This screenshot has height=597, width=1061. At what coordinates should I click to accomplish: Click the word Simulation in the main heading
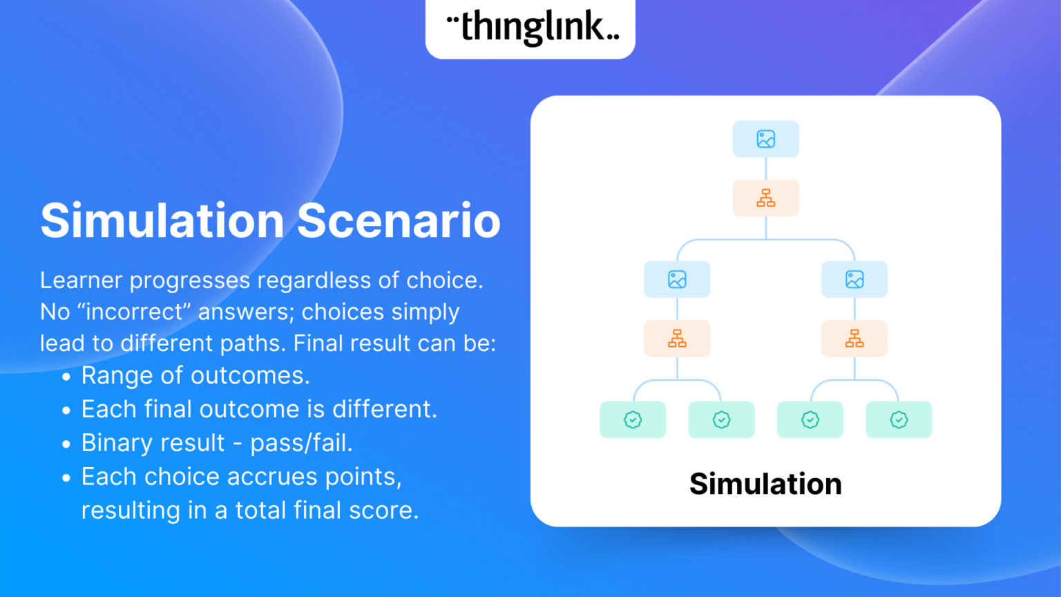(x=162, y=220)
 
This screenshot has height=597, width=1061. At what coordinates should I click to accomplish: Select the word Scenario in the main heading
(x=399, y=220)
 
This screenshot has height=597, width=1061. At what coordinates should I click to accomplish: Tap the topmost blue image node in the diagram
(x=765, y=139)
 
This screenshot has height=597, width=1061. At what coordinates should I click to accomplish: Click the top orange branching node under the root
(x=765, y=198)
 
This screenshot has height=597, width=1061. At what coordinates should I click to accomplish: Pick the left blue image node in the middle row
(x=677, y=279)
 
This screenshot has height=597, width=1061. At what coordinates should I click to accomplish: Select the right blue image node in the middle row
(x=854, y=279)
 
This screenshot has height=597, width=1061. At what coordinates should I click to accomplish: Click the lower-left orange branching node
(x=677, y=339)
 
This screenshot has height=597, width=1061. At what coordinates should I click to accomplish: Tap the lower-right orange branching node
(x=854, y=339)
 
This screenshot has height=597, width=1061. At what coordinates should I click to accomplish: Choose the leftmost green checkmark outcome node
(x=633, y=419)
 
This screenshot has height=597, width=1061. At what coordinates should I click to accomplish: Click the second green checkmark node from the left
(x=721, y=419)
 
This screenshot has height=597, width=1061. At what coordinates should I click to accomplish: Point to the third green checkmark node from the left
(x=810, y=419)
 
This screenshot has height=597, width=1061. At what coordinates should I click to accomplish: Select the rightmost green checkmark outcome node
(x=899, y=419)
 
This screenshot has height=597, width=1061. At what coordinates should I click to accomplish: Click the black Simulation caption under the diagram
(x=765, y=484)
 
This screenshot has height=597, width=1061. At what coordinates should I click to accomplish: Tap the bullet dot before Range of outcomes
(x=66, y=377)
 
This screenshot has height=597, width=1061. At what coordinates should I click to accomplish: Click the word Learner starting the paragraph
(x=82, y=280)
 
